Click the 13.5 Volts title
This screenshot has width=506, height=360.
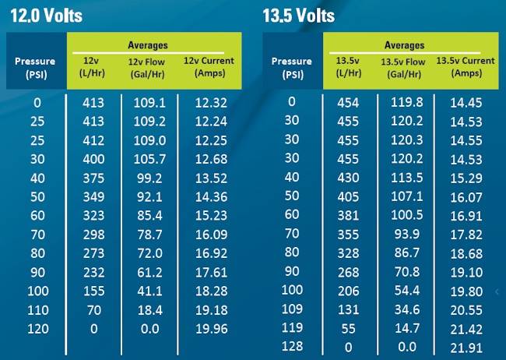(299, 16)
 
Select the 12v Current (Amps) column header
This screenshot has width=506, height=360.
(209, 66)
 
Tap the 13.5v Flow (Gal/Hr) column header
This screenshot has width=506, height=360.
(402, 67)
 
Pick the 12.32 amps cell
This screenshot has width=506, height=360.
(206, 103)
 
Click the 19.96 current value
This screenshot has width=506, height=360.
(206, 329)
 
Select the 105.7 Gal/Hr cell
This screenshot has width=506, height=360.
(149, 159)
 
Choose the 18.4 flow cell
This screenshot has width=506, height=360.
(149, 309)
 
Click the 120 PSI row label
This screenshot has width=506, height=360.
(37, 329)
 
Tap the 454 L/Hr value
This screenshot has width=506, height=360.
(349, 103)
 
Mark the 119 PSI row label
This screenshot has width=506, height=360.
(292, 327)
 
